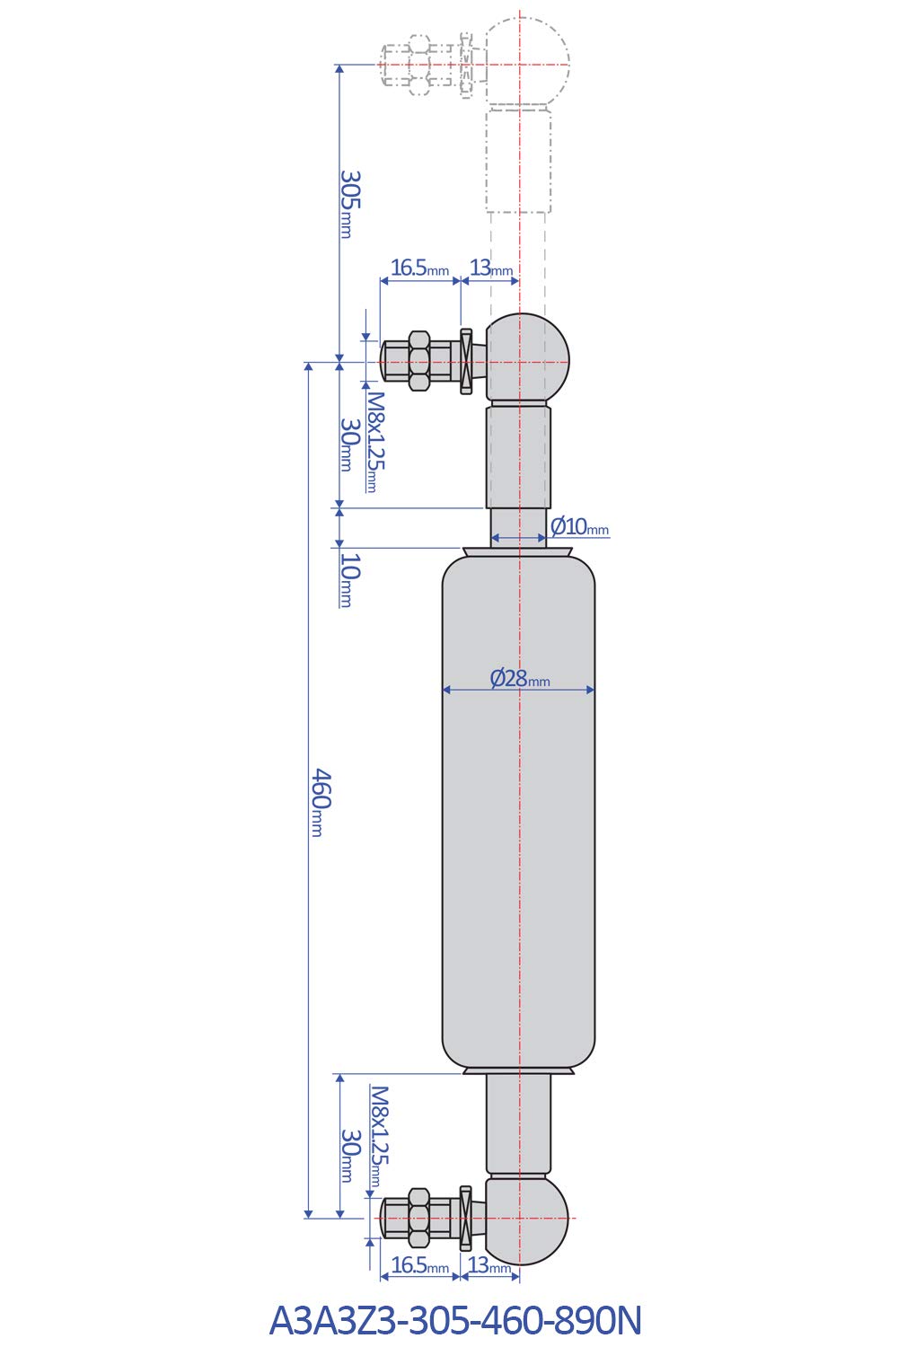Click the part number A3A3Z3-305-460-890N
(x=455, y=1320)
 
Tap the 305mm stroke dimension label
(x=349, y=204)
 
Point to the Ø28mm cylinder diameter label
(x=519, y=679)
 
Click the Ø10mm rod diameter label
(x=579, y=526)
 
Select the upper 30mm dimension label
(x=349, y=444)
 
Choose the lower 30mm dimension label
(x=349, y=1155)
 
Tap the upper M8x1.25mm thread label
(x=375, y=441)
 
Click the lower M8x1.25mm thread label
(x=380, y=1136)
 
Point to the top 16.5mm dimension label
(x=419, y=268)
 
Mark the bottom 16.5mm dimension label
(x=419, y=1265)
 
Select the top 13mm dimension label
(x=491, y=268)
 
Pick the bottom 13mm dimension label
(x=490, y=1265)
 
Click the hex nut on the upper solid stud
(x=418, y=361)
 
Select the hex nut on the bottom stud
(x=418, y=1218)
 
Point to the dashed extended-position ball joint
(x=528, y=64)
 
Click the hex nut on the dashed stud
(x=418, y=65)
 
